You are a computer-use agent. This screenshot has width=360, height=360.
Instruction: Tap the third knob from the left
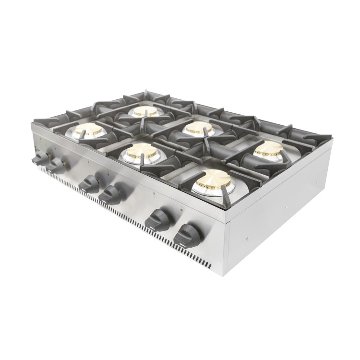(x=90, y=183)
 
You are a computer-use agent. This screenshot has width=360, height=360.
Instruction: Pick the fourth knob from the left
(x=111, y=193)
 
